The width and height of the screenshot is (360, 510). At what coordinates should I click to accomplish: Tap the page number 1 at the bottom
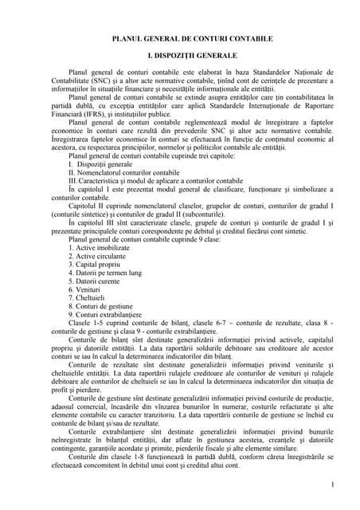pos(330,484)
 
